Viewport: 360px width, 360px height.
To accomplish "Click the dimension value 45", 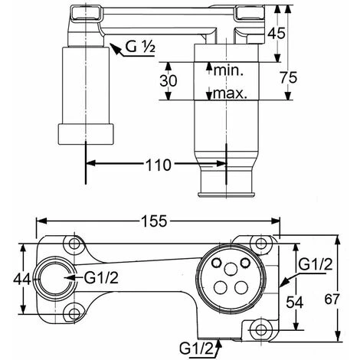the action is (276, 33).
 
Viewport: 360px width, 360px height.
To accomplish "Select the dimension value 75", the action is (289, 77).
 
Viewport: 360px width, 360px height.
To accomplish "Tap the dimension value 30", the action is (169, 80).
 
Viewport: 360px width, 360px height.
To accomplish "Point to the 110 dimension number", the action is (159, 165).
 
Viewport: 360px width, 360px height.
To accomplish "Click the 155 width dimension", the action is (154, 221).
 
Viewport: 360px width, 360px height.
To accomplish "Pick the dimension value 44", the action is (22, 279).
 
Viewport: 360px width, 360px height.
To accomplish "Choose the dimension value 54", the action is (294, 303).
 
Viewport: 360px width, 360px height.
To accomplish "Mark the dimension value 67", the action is (332, 299).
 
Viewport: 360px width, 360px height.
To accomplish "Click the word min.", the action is (228, 70).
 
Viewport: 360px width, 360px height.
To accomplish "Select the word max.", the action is (230, 94).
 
